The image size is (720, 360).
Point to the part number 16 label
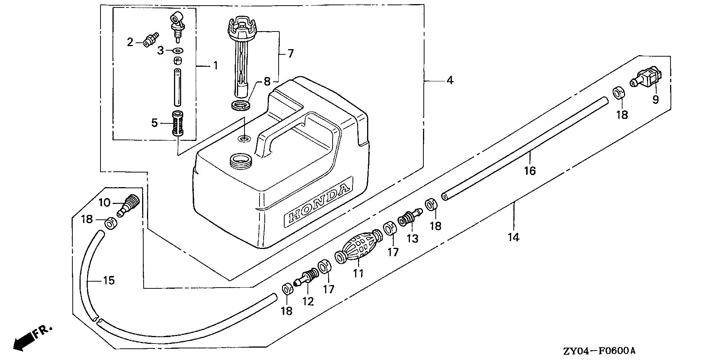click(530, 171)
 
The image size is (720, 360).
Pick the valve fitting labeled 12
click(307, 278)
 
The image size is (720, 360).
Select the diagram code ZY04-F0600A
click(599, 351)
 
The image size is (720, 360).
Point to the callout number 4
click(450, 80)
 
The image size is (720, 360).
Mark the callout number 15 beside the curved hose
click(109, 280)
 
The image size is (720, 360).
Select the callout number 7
click(290, 54)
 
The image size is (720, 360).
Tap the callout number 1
click(215, 66)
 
